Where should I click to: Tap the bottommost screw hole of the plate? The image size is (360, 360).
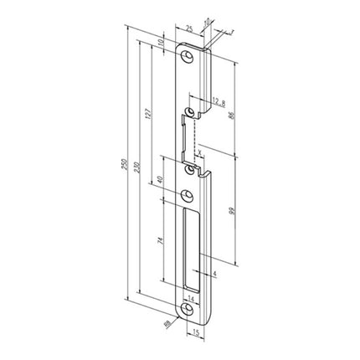[190, 311]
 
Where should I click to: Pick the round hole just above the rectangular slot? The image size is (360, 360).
[190, 196]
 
